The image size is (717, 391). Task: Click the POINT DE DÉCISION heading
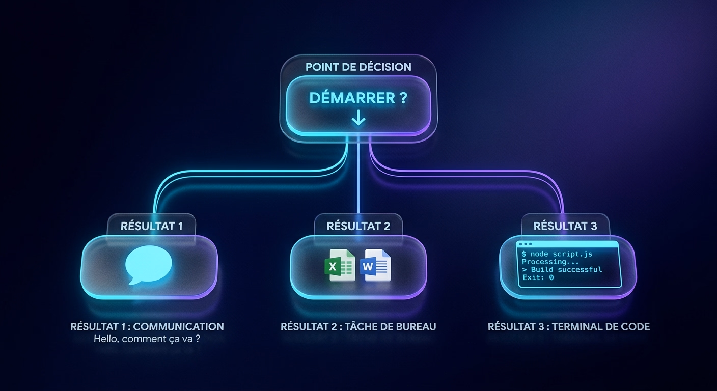point(358,67)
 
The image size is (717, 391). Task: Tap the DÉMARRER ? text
point(358,98)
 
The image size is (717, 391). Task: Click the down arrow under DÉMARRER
point(358,118)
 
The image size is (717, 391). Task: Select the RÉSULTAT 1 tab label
point(151,226)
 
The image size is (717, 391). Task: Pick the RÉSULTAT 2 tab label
point(358,226)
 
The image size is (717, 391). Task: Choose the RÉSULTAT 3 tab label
point(565,226)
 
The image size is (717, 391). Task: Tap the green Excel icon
point(340,266)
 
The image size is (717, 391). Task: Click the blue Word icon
point(375,266)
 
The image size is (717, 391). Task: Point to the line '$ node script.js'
point(557,254)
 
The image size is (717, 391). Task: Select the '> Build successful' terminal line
point(562,270)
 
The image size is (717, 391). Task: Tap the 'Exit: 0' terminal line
point(538,277)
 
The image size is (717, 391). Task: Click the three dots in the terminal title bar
point(526,244)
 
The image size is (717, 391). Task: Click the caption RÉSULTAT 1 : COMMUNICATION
point(147,327)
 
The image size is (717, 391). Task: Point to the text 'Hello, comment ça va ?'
point(147,339)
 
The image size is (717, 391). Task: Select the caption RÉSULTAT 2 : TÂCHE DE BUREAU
point(358,327)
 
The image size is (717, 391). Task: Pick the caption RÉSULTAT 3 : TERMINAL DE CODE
point(569,327)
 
